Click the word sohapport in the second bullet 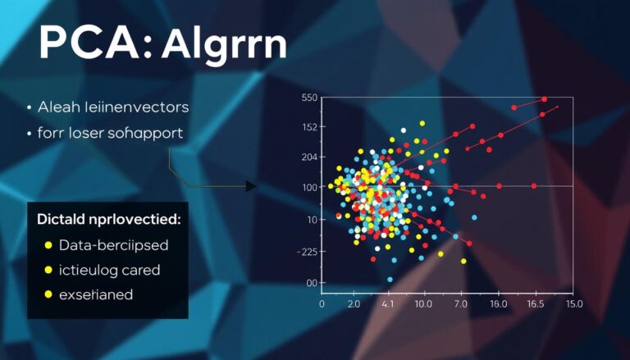pos(144,131)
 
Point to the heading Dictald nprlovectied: pos(108,220)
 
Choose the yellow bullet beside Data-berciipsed pos(48,245)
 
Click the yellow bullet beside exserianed pos(48,294)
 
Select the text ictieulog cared pos(109,269)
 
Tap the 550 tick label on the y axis pos(308,98)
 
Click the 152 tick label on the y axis pos(308,126)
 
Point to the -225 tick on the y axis pos(306,252)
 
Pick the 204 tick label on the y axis pos(308,157)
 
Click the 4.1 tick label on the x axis pos(389,304)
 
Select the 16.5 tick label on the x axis pos(536,304)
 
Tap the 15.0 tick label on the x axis pos(573,304)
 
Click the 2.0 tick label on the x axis pos(354,304)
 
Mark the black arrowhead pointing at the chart pos(251,186)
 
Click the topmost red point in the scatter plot pos(544,99)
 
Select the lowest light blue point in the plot pos(390,280)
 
